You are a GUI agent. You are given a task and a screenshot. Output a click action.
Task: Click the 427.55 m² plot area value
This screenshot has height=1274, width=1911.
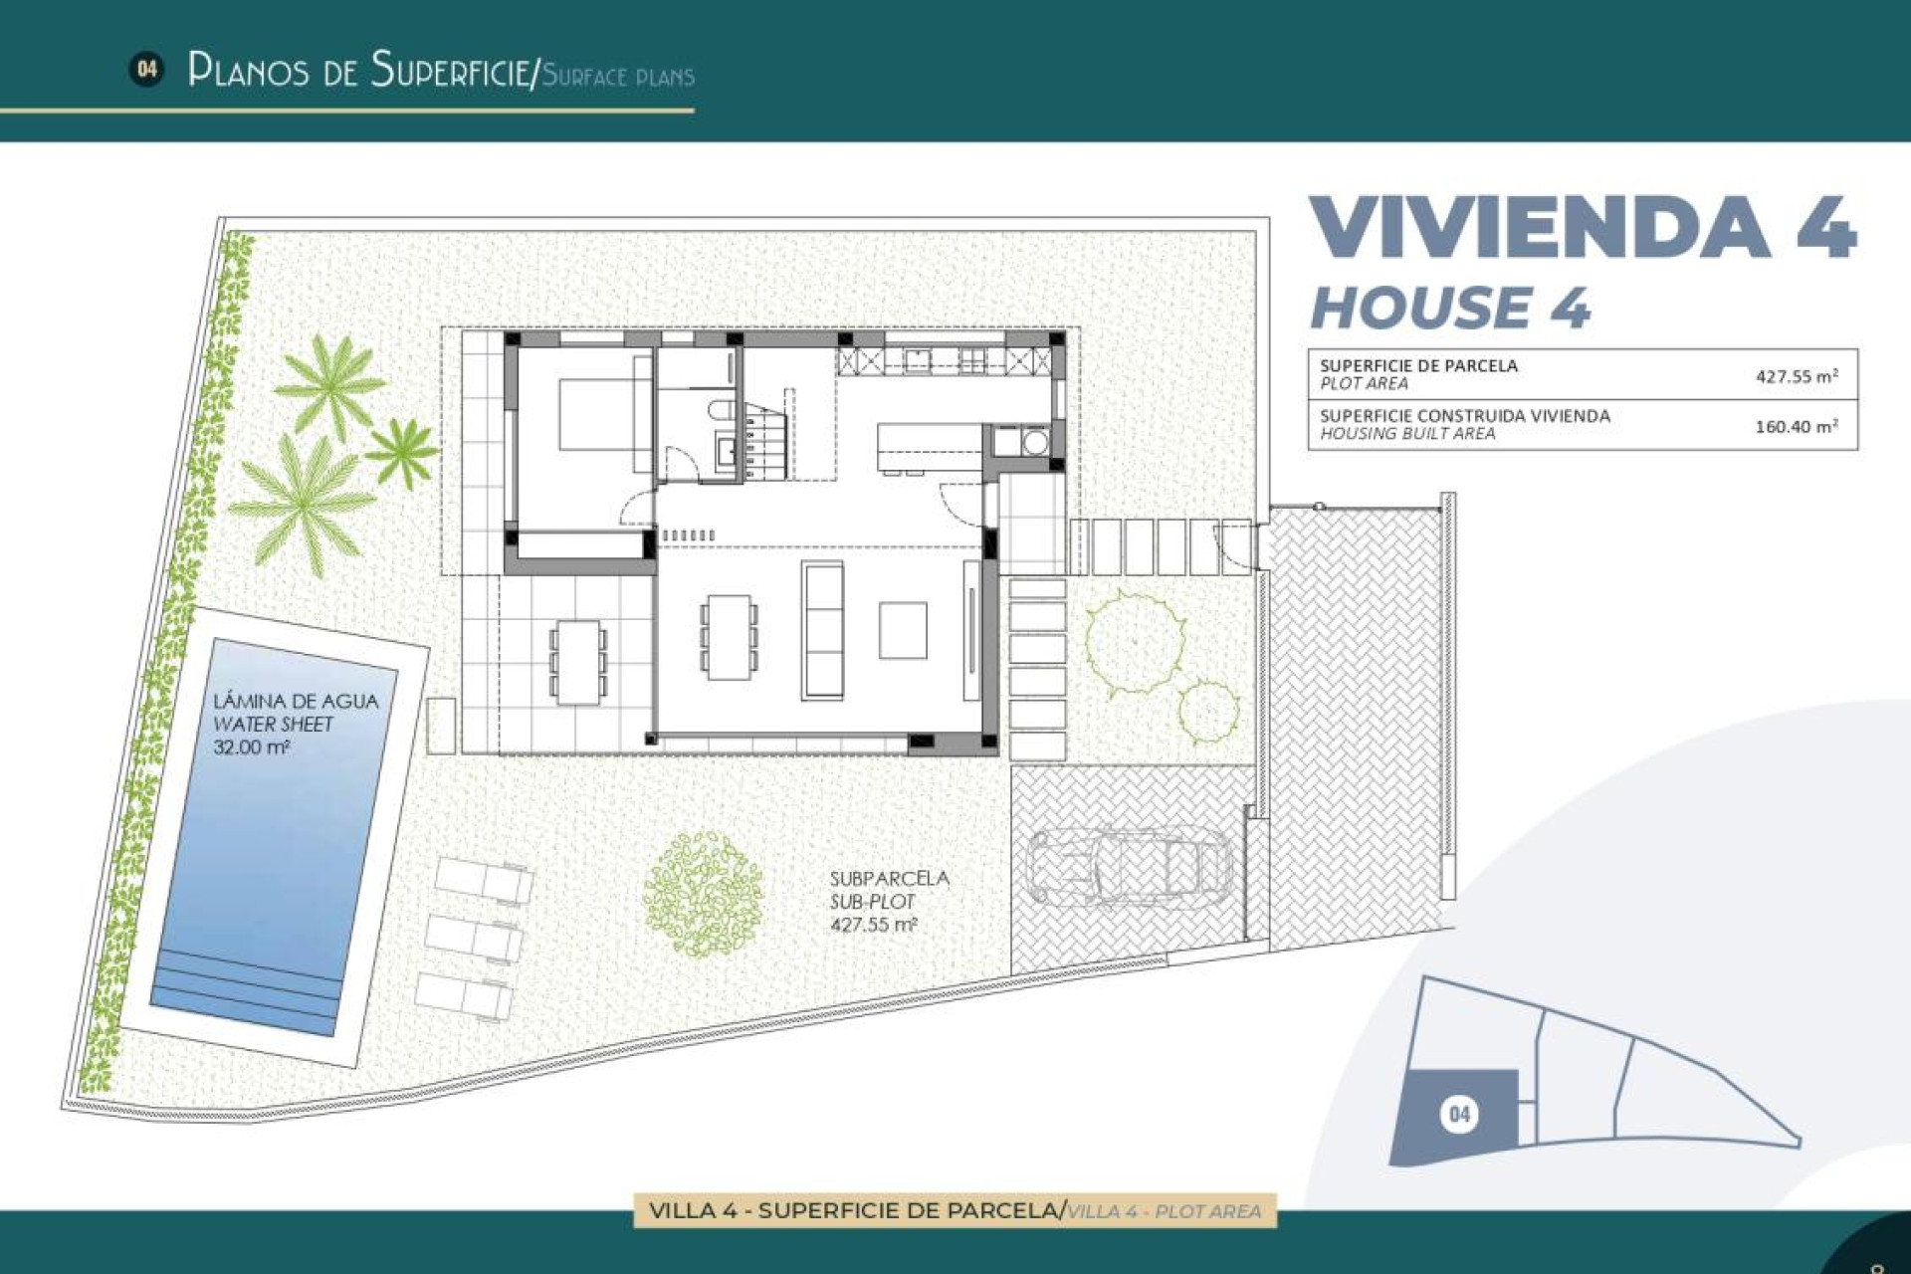[1796, 376]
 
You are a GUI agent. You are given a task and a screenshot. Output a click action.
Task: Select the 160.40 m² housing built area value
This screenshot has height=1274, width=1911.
[1796, 426]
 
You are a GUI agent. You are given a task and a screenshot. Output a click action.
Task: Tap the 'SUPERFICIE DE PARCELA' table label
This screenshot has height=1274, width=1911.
[1418, 365]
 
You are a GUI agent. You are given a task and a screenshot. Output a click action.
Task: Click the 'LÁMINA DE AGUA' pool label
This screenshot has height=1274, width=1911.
[296, 701]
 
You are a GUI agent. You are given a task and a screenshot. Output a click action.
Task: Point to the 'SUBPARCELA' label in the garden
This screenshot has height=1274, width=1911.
[889, 878]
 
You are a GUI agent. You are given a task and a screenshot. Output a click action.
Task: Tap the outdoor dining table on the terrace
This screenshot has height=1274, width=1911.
[578, 662]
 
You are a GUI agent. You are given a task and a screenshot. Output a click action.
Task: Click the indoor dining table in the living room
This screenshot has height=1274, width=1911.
[729, 637]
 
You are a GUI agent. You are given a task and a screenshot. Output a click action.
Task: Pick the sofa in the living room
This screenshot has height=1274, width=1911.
[822, 629]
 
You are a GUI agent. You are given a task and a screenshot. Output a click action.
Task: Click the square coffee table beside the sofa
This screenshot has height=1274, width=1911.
[903, 630]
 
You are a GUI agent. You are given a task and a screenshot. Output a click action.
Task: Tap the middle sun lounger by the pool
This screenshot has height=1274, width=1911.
[474, 937]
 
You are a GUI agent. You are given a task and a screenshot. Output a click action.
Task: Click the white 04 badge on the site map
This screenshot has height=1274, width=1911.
[1458, 1113]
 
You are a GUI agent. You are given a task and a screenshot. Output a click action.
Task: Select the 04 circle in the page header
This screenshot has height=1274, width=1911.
[146, 70]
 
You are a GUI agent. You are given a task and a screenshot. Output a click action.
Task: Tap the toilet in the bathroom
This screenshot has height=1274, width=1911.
[724, 409]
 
